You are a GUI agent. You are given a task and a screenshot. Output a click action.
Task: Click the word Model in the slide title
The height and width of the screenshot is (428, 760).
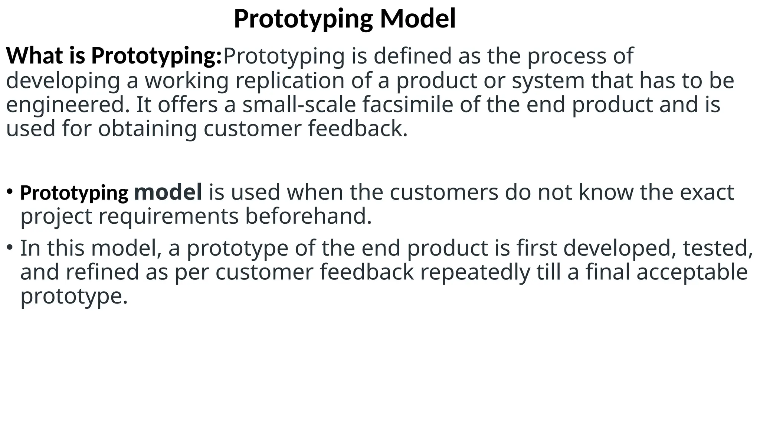[x=418, y=19]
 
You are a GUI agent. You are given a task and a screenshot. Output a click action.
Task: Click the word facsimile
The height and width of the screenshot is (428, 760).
[x=408, y=104]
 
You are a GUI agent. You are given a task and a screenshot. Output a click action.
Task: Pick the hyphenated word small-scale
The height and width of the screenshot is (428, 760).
[x=299, y=104]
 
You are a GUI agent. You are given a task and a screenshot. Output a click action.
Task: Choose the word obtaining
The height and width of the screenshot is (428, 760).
[x=147, y=129]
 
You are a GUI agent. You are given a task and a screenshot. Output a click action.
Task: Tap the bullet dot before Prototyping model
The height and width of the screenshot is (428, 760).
[x=10, y=192]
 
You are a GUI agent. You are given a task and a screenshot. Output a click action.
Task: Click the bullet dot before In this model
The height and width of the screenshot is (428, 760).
[x=10, y=247]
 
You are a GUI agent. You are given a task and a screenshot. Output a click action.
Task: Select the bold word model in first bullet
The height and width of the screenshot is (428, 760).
[x=168, y=192]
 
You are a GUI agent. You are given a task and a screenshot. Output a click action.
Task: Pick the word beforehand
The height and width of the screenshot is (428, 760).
[x=308, y=216]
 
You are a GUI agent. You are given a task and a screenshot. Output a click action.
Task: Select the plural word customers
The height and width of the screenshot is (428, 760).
[x=444, y=192]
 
